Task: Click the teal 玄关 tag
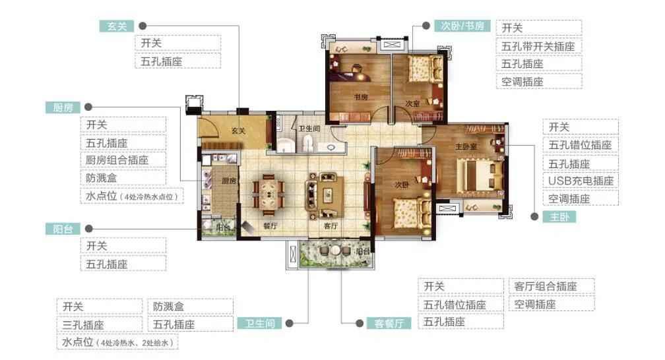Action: (x=117, y=26)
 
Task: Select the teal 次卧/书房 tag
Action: (x=462, y=26)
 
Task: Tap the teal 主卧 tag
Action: (x=559, y=217)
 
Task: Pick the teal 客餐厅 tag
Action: (x=389, y=324)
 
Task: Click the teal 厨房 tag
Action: (x=63, y=107)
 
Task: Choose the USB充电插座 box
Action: (x=581, y=181)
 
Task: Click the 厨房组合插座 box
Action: (x=123, y=160)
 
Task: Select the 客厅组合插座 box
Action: (x=552, y=286)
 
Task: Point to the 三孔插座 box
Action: (x=100, y=325)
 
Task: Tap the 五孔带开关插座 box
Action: (x=539, y=46)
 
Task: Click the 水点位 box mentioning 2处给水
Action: (x=117, y=342)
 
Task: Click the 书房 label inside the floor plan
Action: (x=361, y=97)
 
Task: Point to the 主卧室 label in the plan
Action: (x=466, y=147)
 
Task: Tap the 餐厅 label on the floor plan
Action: (x=270, y=226)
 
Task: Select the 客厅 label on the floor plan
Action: (x=331, y=226)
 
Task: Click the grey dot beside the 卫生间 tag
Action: (x=290, y=324)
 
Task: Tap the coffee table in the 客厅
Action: (x=327, y=195)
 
